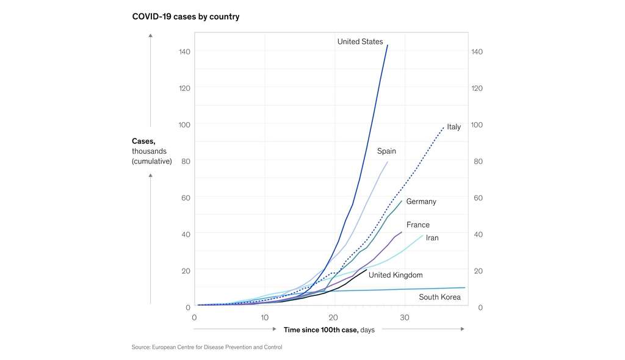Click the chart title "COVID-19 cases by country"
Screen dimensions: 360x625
pyautogui.click(x=186, y=16)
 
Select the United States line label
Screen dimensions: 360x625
pyautogui.click(x=360, y=42)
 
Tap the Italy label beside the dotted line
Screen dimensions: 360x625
pyautogui.click(x=453, y=127)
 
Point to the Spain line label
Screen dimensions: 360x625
pyautogui.click(x=386, y=151)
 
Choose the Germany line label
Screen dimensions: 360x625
pyautogui.click(x=421, y=201)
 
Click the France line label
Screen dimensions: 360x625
pyautogui.click(x=417, y=225)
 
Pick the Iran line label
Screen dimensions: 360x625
pyautogui.click(x=432, y=238)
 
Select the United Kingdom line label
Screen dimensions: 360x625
pyautogui.click(x=395, y=275)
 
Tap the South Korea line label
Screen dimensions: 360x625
pyautogui.click(x=439, y=298)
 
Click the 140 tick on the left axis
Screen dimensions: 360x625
pyautogui.click(x=184, y=51)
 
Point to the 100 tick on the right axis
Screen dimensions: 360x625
pyautogui.click(x=477, y=124)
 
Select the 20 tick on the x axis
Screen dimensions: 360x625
pyautogui.click(x=334, y=318)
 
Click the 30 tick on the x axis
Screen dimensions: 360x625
pyautogui.click(x=404, y=318)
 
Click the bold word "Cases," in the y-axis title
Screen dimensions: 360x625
pyautogui.click(x=143, y=141)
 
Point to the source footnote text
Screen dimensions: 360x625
pyautogui.click(x=207, y=347)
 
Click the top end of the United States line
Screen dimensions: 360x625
pyautogui.click(x=388, y=45)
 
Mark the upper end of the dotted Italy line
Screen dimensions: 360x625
pyautogui.click(x=444, y=127)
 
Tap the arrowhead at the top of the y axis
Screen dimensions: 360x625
pyautogui.click(x=151, y=35)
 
